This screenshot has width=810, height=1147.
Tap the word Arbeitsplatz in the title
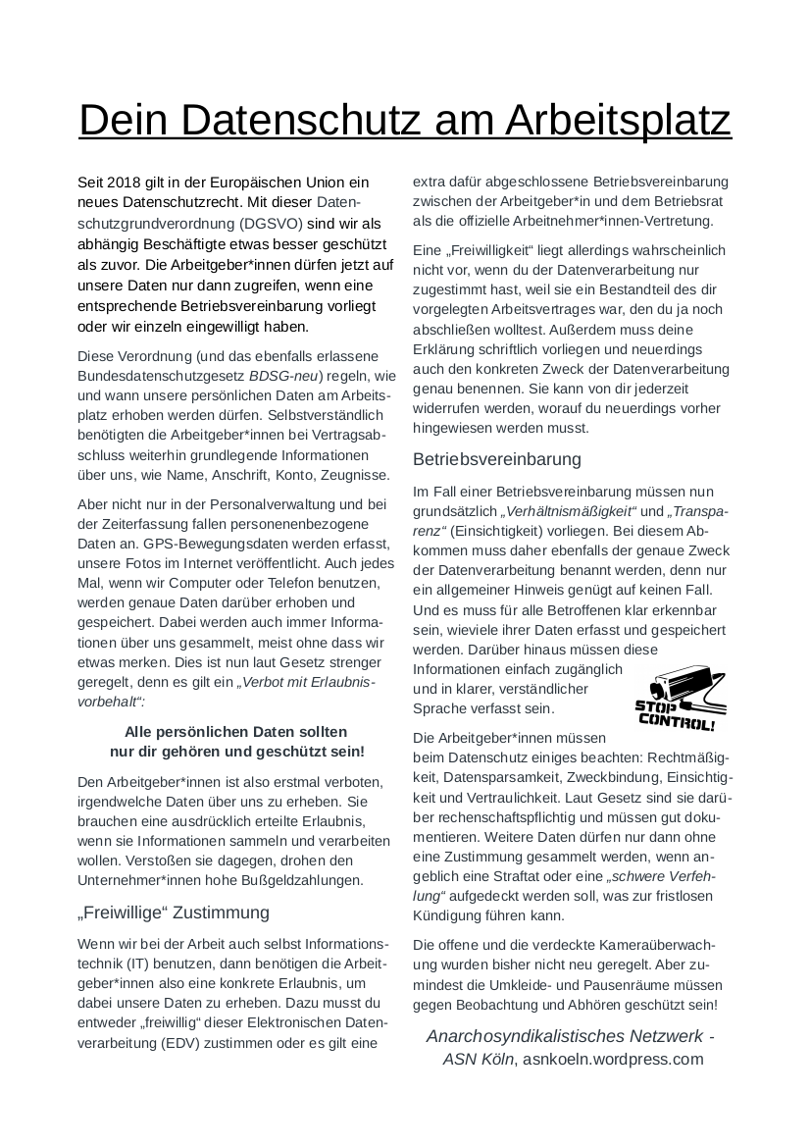619,120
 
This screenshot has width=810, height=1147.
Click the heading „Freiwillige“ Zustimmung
173,912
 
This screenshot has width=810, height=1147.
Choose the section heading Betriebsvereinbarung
497,459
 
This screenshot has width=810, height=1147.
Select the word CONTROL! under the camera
677,723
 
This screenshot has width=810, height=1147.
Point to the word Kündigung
451,915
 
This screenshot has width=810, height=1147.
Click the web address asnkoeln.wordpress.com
613,1059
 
